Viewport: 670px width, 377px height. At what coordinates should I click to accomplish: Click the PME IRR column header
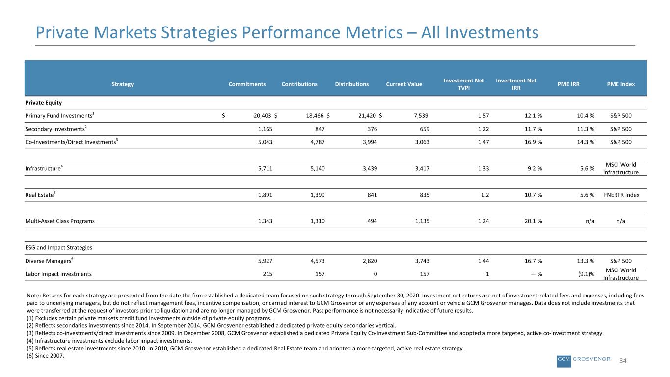568,84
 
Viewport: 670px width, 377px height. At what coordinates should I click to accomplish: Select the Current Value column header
404,84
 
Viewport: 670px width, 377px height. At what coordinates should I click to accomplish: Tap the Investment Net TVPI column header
464,84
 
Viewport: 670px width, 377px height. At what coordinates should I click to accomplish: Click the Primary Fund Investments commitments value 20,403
263,116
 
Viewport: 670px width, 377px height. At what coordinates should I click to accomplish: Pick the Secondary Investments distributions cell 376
372,129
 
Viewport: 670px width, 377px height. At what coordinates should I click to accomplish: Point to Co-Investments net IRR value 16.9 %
533,142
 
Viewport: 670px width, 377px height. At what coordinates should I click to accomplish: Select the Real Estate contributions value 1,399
318,195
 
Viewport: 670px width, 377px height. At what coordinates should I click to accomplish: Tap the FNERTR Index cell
621,195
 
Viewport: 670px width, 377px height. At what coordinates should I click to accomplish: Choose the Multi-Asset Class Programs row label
60,221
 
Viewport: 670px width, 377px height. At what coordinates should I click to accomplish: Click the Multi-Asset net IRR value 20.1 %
533,221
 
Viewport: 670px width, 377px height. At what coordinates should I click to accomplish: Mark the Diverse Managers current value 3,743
422,261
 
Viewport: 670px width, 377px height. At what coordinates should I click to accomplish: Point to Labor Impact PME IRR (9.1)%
586,274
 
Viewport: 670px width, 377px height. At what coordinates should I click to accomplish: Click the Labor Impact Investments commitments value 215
268,274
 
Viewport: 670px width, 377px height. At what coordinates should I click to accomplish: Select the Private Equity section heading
43,103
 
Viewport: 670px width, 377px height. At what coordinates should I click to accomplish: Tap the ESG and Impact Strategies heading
58,248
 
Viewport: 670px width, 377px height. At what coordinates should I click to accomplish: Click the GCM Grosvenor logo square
564,361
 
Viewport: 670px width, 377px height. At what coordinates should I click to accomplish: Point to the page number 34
623,361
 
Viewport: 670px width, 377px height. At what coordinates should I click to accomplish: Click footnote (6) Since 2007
46,356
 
